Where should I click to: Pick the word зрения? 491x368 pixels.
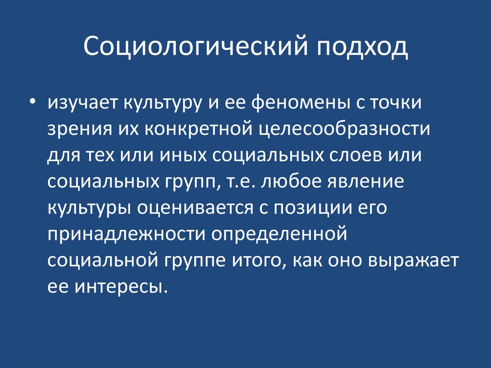click(77, 131)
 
